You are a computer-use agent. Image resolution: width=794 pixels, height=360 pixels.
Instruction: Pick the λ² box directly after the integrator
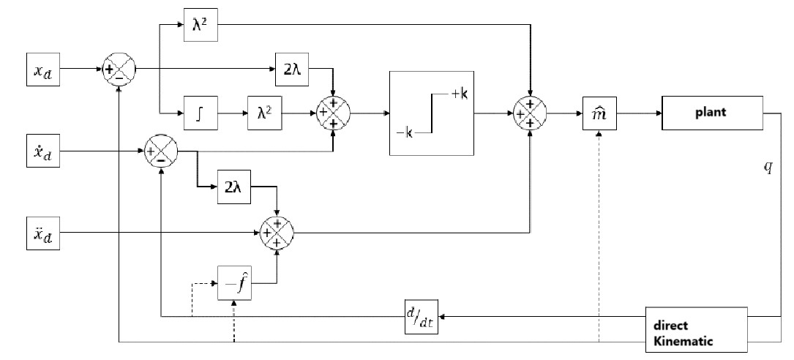tap(265, 113)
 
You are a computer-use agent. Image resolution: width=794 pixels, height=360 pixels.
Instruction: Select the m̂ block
tap(599, 113)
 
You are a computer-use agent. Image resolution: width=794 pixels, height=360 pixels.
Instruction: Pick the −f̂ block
tap(235, 282)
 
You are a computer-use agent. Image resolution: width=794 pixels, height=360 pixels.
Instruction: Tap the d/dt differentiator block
tap(421, 316)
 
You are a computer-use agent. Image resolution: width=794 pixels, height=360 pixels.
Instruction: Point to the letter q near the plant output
tap(768, 167)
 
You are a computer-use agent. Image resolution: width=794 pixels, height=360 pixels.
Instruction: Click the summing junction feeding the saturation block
tap(333, 113)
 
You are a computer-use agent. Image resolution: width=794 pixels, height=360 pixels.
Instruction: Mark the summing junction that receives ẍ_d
tap(276, 234)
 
